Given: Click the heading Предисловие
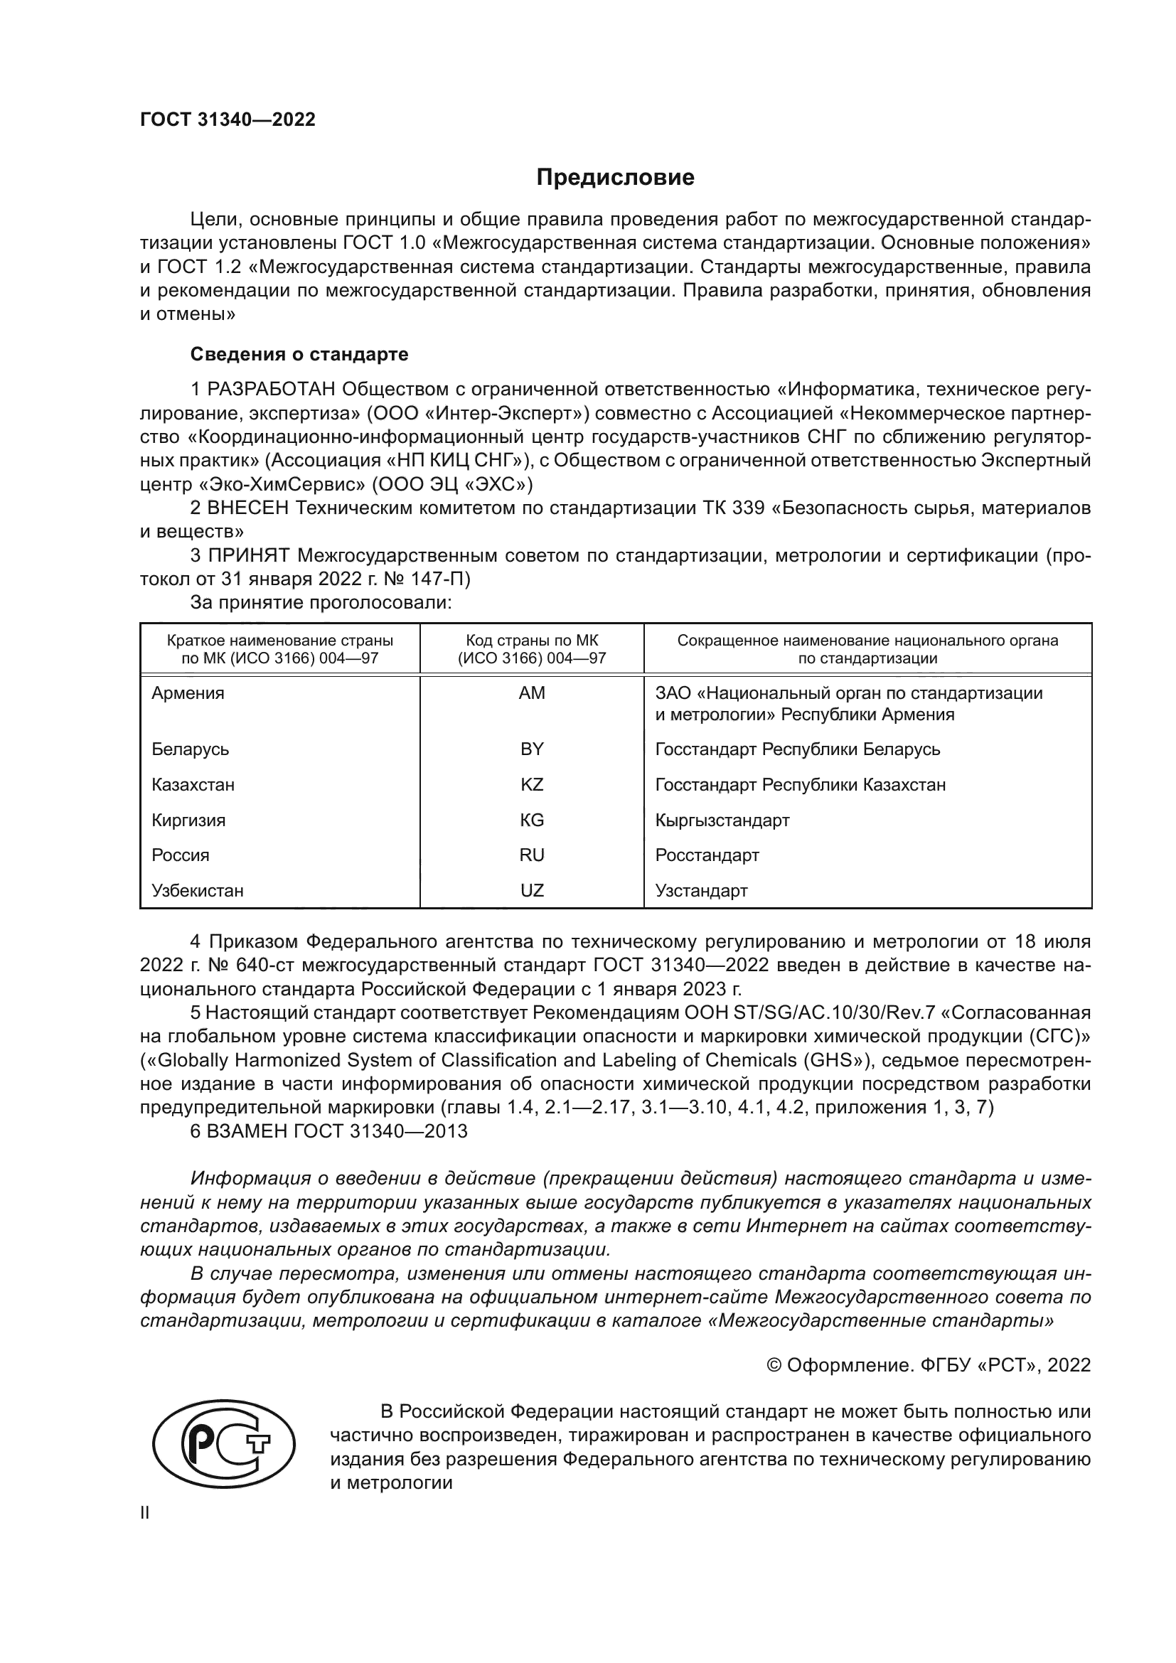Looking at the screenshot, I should coord(615,178).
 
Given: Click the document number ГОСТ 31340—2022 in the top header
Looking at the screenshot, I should coord(228,120).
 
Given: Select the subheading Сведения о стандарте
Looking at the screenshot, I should coord(299,354).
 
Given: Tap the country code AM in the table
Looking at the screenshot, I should coord(532,693).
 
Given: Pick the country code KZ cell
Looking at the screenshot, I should coord(532,784).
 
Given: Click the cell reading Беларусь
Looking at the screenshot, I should coord(191,749).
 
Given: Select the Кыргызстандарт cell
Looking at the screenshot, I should coord(722,820).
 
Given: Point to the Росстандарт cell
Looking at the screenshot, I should coord(707,855).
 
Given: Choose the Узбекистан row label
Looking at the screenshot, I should coord(198,890).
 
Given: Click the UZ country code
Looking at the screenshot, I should coord(532,890).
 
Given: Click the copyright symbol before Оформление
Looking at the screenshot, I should coord(774,1365).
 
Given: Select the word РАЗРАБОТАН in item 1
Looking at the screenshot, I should coord(272,390).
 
